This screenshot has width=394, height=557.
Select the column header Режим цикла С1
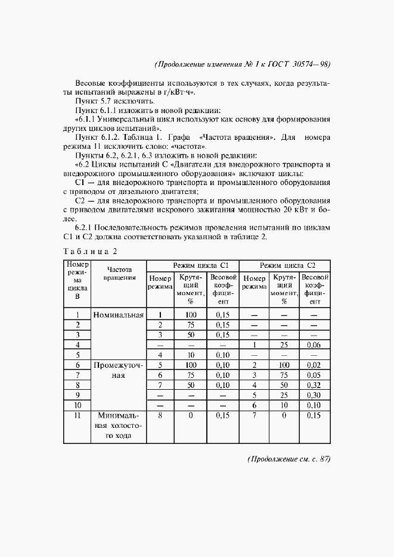coord(193,265)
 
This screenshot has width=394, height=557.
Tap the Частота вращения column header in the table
coord(119,274)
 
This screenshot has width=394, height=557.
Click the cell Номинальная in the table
coord(119,314)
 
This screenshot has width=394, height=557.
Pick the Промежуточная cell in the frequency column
coord(119,370)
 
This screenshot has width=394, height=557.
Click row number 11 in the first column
coord(77,415)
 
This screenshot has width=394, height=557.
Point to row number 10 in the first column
coord(77,405)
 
